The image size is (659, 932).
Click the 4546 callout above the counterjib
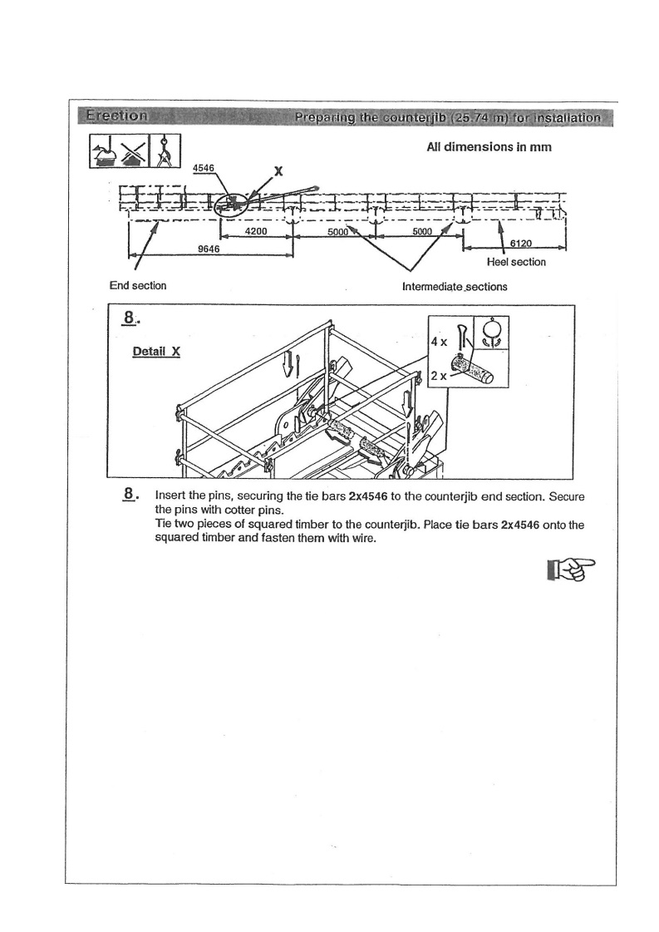204,168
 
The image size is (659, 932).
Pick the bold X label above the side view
279,172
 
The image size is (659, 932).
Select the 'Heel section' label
516,262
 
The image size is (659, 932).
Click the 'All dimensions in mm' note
489,147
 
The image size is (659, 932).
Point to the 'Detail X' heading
157,351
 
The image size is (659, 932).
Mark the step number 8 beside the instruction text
130,495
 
